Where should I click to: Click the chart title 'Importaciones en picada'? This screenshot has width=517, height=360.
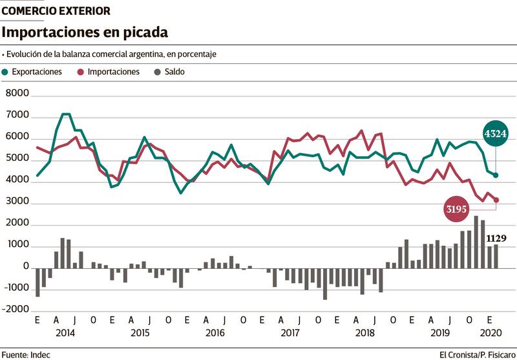pyautogui.click(x=86, y=32)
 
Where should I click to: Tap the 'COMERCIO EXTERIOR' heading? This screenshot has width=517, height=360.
pyautogui.click(x=56, y=11)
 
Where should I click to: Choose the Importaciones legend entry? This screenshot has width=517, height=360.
pyautogui.click(x=108, y=72)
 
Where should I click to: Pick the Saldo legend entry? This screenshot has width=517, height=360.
pyautogui.click(x=170, y=72)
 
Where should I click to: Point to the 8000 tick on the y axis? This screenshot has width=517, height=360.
pyautogui.click(x=17, y=94)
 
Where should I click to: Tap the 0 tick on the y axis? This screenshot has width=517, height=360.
pyautogui.click(x=26, y=266)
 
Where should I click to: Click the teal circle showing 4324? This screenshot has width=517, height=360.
pyautogui.click(x=495, y=134)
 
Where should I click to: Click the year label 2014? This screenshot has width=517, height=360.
pyautogui.click(x=65, y=333)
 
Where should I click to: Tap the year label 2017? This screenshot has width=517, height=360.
pyautogui.click(x=290, y=333)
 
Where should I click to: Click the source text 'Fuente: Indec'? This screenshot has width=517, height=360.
pyautogui.click(x=26, y=354)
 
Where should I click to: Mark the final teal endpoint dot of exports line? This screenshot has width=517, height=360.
pyautogui.click(x=496, y=175)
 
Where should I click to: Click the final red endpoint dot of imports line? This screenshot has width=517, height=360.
pyautogui.click(x=496, y=200)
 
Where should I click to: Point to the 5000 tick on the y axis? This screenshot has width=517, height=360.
pyautogui.click(x=17, y=158)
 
